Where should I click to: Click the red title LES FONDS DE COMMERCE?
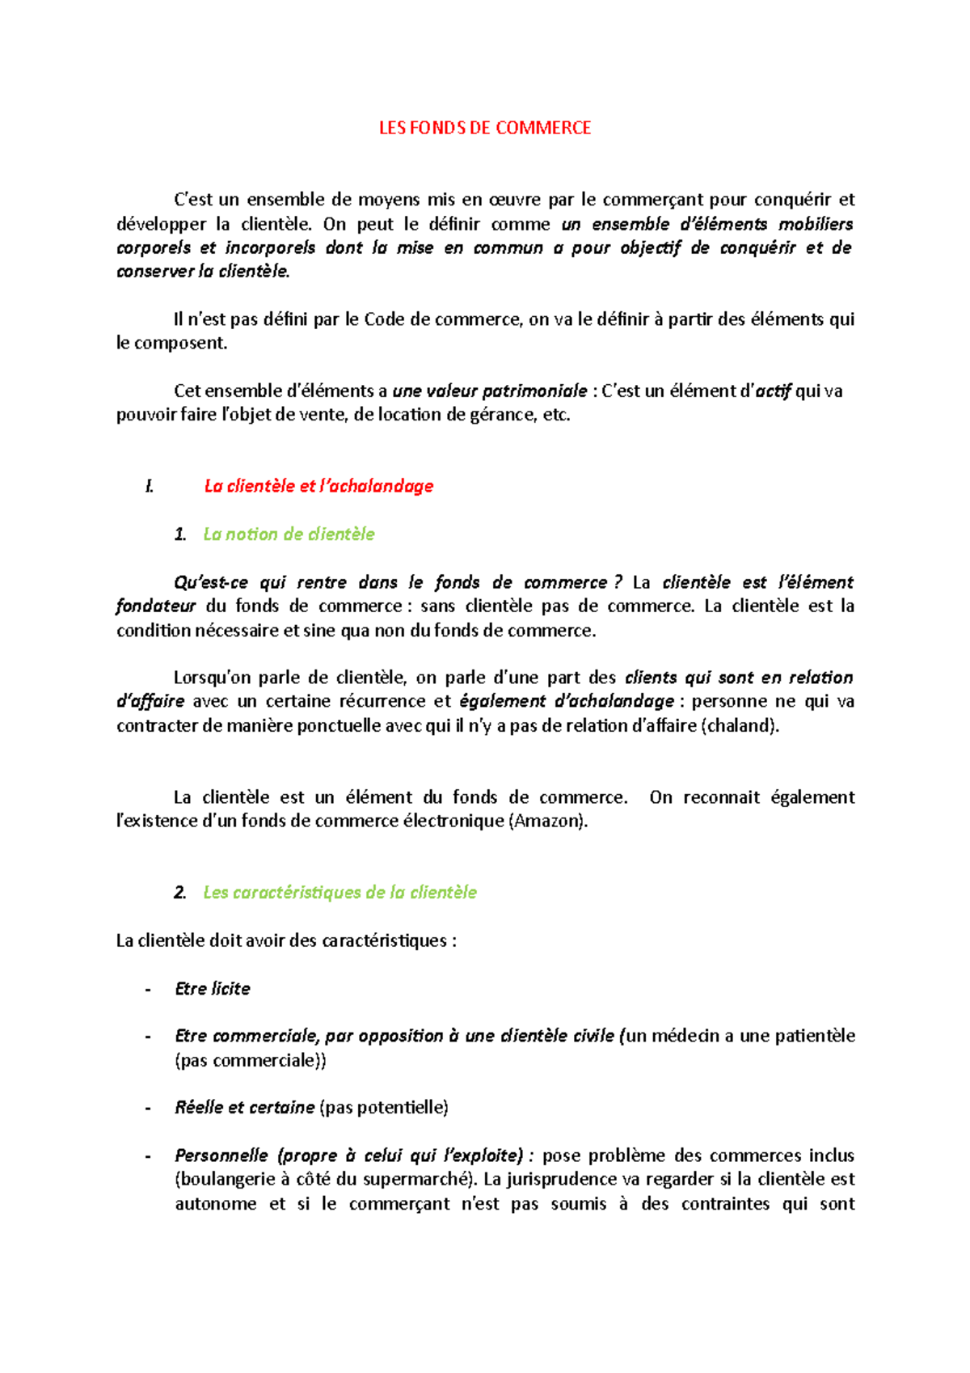pyautogui.click(x=485, y=128)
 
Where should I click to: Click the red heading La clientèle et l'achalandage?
pyautogui.click(x=318, y=486)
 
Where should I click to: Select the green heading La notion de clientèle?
pyautogui.click(x=289, y=534)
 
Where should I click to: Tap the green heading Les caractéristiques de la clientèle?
pyautogui.click(x=339, y=892)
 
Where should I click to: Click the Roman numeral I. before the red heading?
pyautogui.click(x=149, y=486)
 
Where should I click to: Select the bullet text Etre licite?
pyautogui.click(x=212, y=988)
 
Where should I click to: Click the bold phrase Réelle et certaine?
pyautogui.click(x=244, y=1107)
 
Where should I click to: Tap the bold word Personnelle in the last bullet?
pyautogui.click(x=221, y=1155)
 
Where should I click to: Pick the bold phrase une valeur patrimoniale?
pyautogui.click(x=489, y=391)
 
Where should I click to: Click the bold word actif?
pyautogui.click(x=773, y=391)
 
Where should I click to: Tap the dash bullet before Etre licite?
pyautogui.click(x=148, y=988)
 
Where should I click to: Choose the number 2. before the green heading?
pyautogui.click(x=179, y=892)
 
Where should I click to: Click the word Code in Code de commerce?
pyautogui.click(x=385, y=319)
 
